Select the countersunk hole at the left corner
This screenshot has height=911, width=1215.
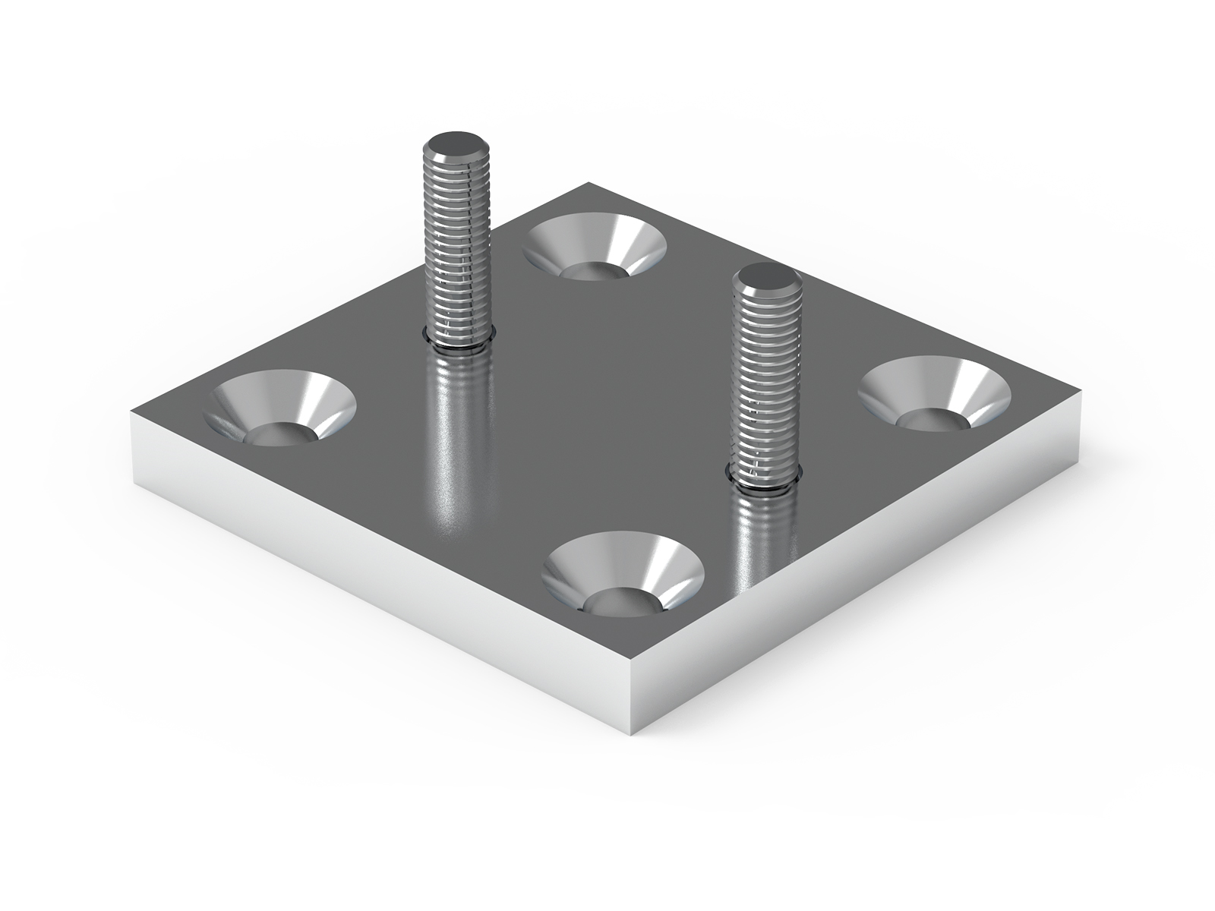pyautogui.click(x=281, y=406)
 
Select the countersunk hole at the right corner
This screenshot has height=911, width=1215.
pyautogui.click(x=934, y=393)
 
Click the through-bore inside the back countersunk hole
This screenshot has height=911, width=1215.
pyautogui.click(x=594, y=270)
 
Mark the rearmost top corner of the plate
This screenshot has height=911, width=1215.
pyautogui.click(x=589, y=183)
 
